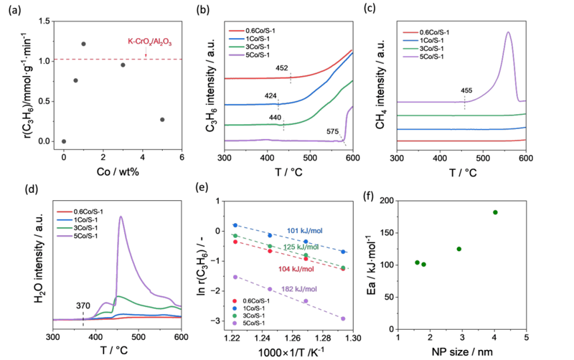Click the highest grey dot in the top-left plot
84,44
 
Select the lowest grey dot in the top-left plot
64,141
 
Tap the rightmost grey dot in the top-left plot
161,119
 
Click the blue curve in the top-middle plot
287,103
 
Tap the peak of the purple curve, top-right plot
508,32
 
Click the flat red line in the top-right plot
459,141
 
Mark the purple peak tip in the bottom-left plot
121,215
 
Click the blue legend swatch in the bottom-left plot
65,219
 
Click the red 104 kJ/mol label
292,268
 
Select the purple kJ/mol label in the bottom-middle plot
295,289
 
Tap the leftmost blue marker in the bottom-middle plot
234,225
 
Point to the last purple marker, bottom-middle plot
345,318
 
